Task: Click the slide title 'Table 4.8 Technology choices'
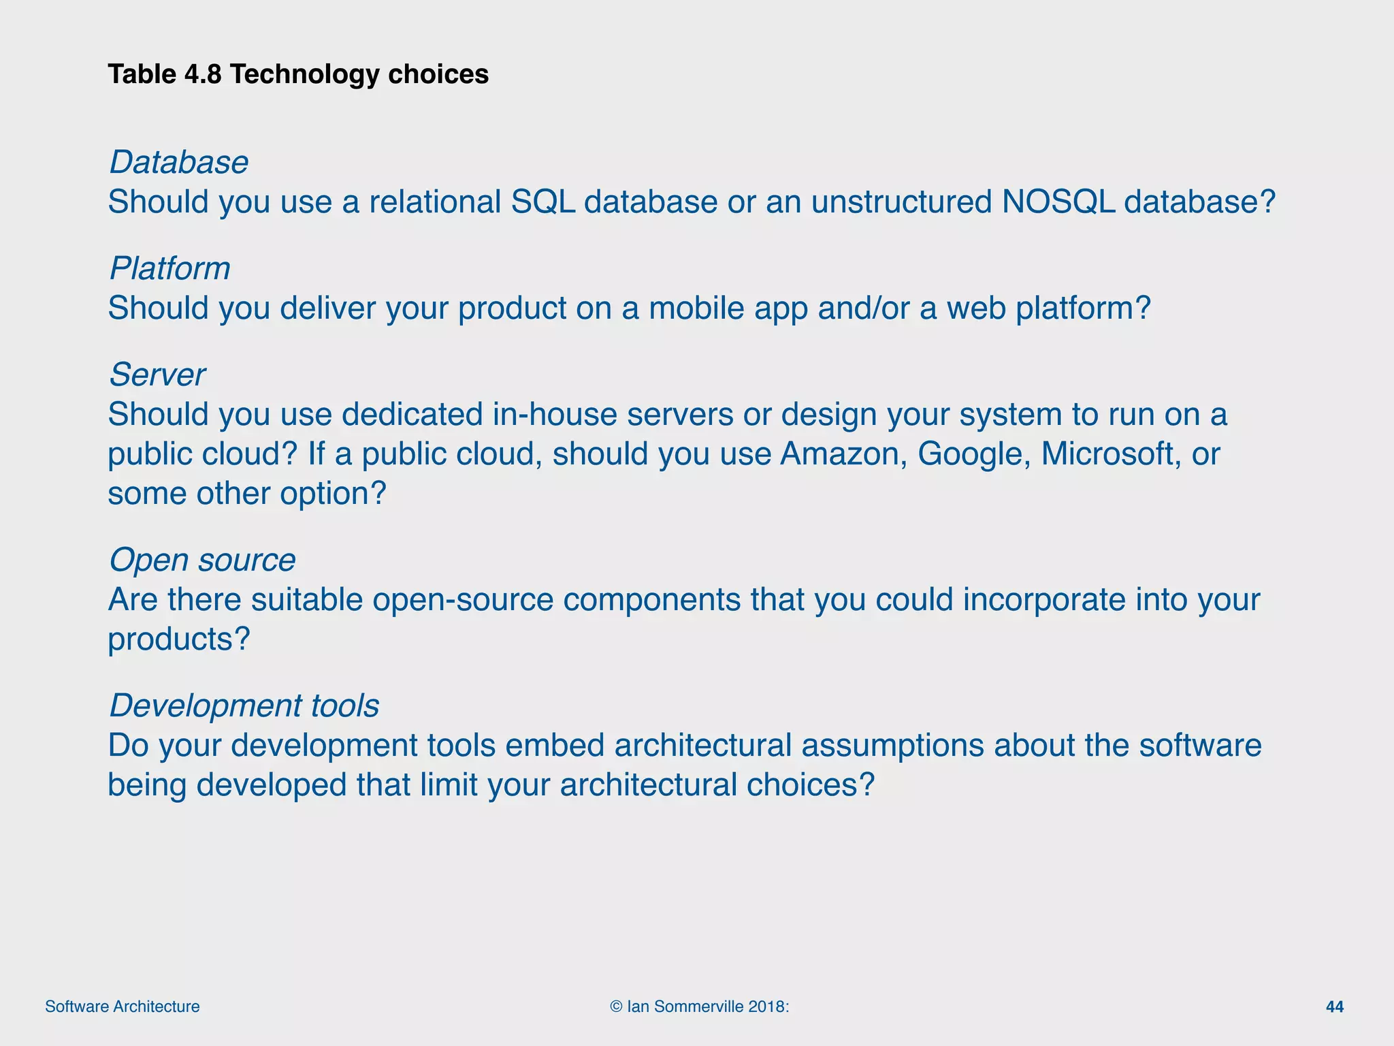(298, 74)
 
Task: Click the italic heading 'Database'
(179, 162)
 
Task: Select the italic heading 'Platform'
(169, 268)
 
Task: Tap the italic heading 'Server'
(157, 375)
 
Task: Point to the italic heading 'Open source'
(202, 560)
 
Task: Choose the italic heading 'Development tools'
(244, 706)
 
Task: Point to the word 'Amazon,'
(843, 454)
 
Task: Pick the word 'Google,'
(974, 454)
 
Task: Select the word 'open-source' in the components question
(463, 599)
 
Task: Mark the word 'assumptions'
(892, 745)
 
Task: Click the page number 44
(1335, 1007)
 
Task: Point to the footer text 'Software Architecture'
(123, 1007)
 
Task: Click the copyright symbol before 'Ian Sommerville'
(616, 1007)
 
